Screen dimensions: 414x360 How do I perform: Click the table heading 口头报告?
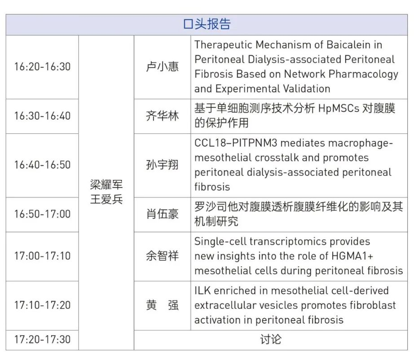pos(207,24)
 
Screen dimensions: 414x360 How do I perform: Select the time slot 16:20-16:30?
pos(42,67)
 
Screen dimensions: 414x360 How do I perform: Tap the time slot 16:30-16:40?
pos(42,116)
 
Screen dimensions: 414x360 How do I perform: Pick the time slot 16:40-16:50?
pos(42,165)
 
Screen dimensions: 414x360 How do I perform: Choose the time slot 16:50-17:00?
pos(42,214)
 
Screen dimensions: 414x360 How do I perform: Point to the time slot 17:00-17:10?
pos(42,256)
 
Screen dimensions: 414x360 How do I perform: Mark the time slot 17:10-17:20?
pos(42,305)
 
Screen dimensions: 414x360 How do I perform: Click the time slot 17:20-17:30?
pos(42,339)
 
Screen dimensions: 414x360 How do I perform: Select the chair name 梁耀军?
pos(106,184)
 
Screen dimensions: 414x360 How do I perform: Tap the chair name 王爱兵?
pos(106,199)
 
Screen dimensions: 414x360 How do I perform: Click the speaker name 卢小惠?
pos(163,67)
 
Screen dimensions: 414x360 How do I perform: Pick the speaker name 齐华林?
pos(163,116)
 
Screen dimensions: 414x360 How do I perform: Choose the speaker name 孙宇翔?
pos(163,165)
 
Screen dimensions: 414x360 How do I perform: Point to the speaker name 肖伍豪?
pos(163,214)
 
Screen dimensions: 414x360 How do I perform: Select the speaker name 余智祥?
pos(163,256)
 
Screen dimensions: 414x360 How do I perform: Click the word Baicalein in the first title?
pos(348,45)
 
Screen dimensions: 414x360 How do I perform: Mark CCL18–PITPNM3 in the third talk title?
pos(236,143)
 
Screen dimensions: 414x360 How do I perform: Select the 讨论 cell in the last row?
pos(271,339)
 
